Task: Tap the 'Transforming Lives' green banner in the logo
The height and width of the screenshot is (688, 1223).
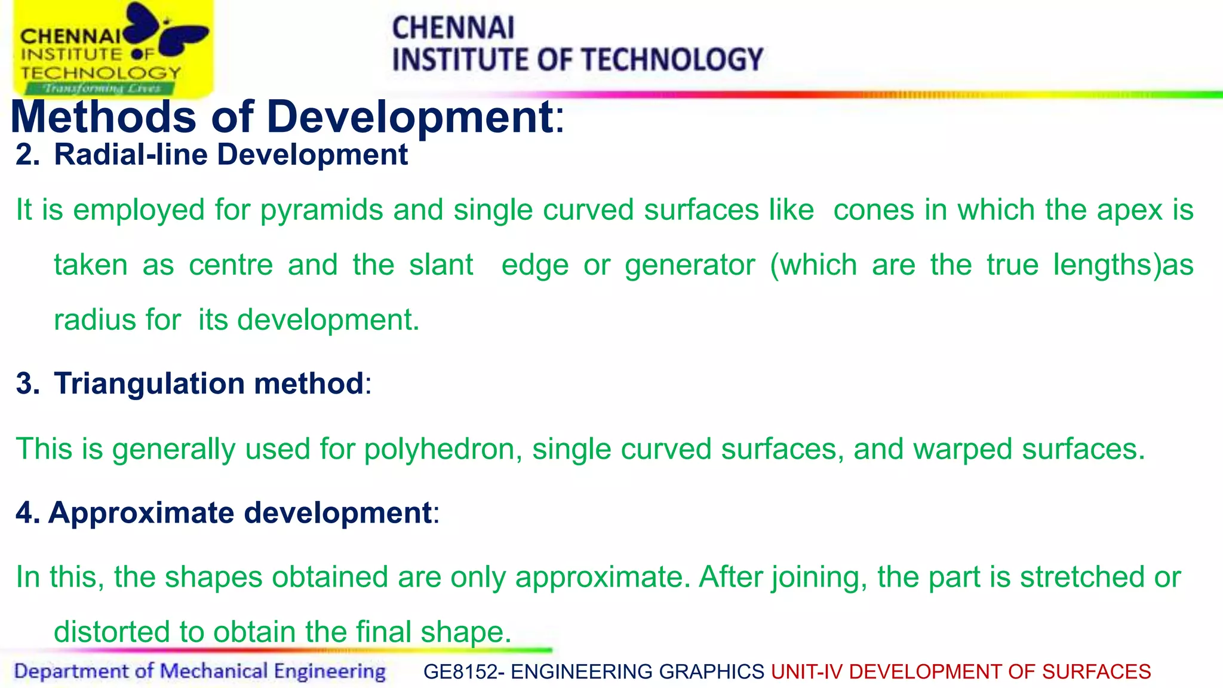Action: click(100, 89)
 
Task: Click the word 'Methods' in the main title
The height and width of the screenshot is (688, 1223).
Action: click(103, 116)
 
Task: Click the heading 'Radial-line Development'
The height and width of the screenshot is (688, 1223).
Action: click(231, 155)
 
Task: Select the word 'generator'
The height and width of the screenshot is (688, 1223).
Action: click(690, 265)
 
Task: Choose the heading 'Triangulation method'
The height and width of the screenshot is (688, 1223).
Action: click(208, 383)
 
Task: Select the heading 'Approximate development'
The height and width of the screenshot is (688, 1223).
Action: click(240, 513)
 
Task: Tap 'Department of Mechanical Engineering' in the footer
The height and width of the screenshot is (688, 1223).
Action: click(199, 671)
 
